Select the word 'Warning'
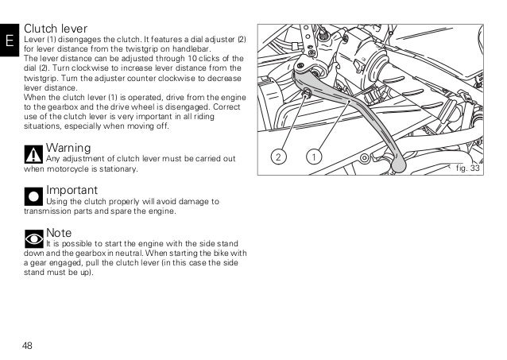click(x=68, y=148)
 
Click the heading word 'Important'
click(x=72, y=191)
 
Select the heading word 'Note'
click(x=59, y=232)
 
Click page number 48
click(x=28, y=346)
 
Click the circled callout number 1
click(x=315, y=156)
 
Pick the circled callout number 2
click(x=277, y=156)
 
